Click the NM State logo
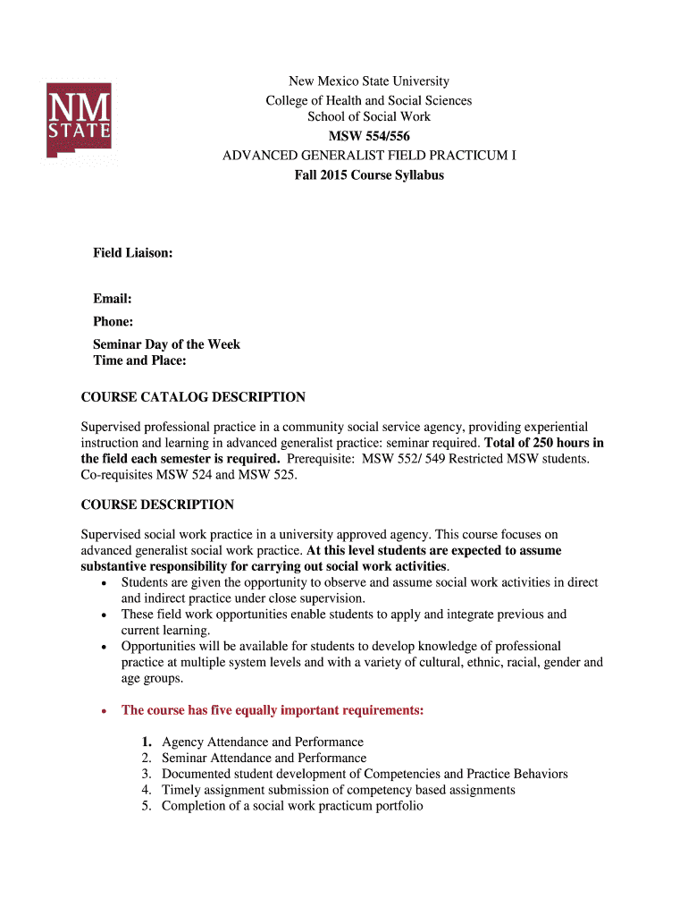point(79,120)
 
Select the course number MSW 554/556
point(369,135)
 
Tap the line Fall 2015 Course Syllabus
point(369,174)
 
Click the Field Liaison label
point(133,253)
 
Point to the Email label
point(113,299)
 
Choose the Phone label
point(113,321)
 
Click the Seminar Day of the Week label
point(166,344)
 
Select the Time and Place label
point(139,360)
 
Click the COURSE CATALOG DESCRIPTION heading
point(193,397)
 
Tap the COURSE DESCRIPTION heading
point(157,505)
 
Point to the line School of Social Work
point(369,116)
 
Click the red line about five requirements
point(273,710)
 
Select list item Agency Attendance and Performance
point(263,742)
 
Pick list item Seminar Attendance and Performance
point(264,758)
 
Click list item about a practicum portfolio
point(292,806)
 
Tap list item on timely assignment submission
point(339,790)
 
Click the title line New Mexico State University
point(369,81)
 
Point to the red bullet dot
point(106,711)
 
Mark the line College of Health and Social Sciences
point(369,100)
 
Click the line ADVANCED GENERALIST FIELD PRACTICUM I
point(369,155)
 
